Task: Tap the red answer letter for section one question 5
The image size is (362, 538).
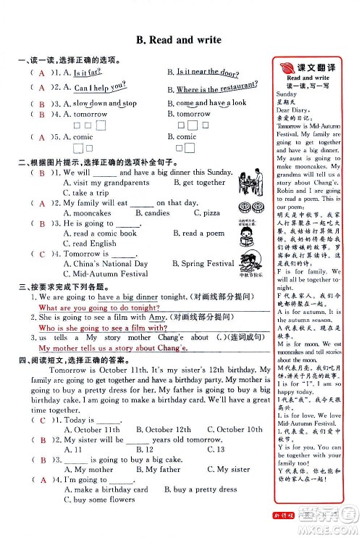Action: pos(42,136)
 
